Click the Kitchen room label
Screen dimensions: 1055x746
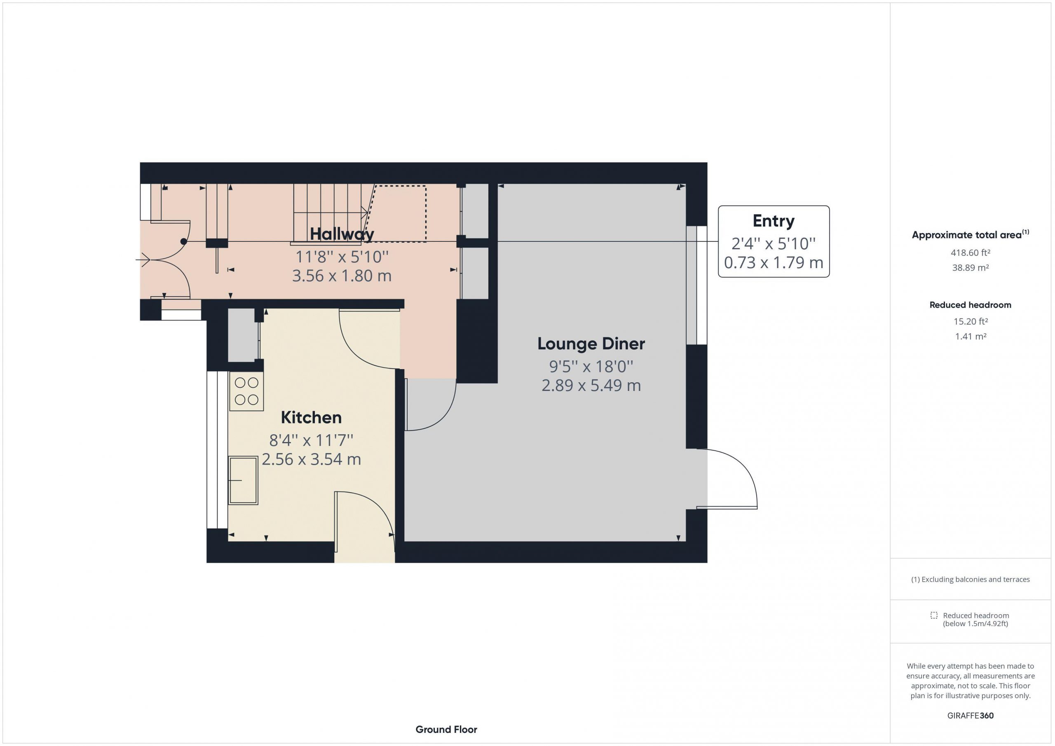[x=311, y=418]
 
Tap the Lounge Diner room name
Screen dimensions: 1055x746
[x=591, y=344]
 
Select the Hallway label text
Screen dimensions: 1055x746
[x=342, y=234]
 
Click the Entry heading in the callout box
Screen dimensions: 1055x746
[x=774, y=221]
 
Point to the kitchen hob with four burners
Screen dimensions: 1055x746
[x=247, y=391]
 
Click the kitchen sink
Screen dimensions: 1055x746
[x=244, y=480]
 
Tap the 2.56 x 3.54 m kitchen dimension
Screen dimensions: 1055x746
[x=311, y=459]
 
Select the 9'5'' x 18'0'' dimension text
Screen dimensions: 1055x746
[x=591, y=367]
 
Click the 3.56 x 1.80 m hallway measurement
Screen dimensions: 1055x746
[x=342, y=276]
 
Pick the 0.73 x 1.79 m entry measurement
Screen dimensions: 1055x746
[x=774, y=262]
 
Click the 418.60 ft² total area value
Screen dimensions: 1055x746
[x=970, y=253]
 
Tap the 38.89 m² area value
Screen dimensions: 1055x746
[x=970, y=268]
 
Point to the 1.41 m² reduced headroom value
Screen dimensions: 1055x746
[x=971, y=336]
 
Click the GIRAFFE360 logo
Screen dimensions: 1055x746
[x=971, y=716]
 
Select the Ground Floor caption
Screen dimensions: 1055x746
[x=446, y=730]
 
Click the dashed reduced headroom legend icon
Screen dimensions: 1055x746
[x=934, y=615]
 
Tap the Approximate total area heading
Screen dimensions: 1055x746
[x=970, y=234]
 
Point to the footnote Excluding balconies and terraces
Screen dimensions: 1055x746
[x=971, y=579]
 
